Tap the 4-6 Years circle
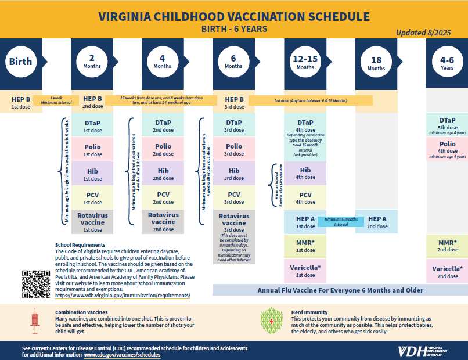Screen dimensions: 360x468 (447, 62)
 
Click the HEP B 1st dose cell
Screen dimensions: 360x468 (21, 102)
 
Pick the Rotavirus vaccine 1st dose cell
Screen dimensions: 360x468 (92, 222)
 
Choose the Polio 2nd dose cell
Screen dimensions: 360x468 (163, 150)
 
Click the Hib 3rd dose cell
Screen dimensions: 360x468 (234, 174)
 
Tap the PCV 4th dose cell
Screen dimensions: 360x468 (305, 198)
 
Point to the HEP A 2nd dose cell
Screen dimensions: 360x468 (376, 222)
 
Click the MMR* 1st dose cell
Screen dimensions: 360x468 (305, 246)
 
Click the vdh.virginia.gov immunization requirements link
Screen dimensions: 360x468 (123, 296)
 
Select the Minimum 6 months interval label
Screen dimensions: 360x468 (341, 221)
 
